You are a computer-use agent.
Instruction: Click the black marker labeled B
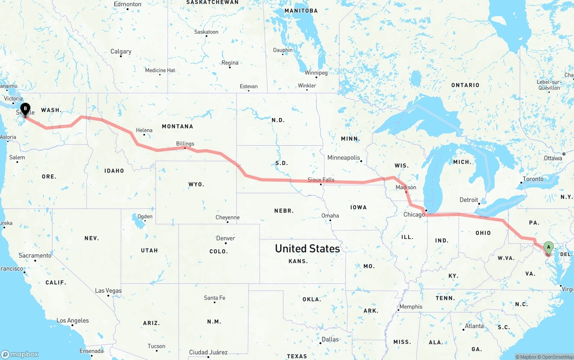click(x=26, y=108)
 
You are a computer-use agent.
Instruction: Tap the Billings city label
click(x=185, y=144)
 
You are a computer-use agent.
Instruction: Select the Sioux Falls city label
click(x=321, y=180)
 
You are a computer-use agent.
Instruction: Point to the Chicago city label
click(x=414, y=215)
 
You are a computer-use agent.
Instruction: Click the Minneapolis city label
click(x=344, y=158)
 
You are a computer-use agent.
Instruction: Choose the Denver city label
click(x=225, y=238)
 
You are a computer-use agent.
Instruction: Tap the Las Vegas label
click(x=108, y=291)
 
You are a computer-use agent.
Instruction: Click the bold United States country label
click(x=307, y=248)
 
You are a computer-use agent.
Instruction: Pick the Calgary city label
click(x=121, y=52)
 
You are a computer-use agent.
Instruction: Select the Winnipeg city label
click(x=316, y=73)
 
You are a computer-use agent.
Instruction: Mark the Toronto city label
click(x=533, y=179)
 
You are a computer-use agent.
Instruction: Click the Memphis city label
click(x=411, y=307)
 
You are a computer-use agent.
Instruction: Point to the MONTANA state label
click(x=178, y=126)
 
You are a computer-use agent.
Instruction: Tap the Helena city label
click(x=144, y=130)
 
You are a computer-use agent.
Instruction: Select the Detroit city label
click(x=469, y=200)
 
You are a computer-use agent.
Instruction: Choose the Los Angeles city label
click(x=73, y=321)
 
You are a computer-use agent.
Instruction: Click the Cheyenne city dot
click(x=228, y=222)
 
